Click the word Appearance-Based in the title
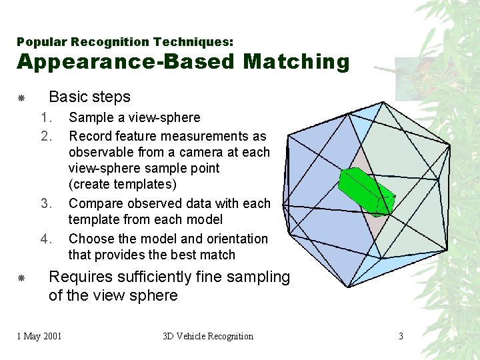coord(126,62)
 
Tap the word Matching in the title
coord(296,62)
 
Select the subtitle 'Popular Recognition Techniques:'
coord(125,42)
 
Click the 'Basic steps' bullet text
coord(89,97)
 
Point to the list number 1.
coord(46,118)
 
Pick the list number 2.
coord(46,136)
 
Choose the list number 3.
coord(46,203)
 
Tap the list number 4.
coord(46,239)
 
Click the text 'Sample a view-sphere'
coord(134,118)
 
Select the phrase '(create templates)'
coord(122,185)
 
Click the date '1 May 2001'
coord(39,336)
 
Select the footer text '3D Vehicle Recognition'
coord(208,336)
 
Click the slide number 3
coord(401,336)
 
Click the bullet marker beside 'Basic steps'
coord(21,98)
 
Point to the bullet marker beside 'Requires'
coord(21,278)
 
